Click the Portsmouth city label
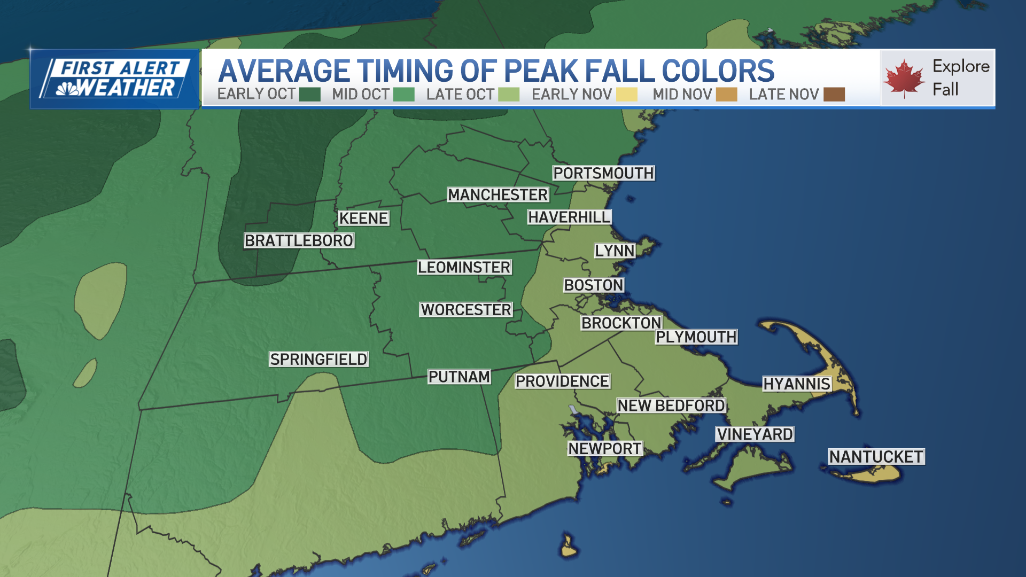pyautogui.click(x=603, y=173)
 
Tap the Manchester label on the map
pyautogui.click(x=498, y=195)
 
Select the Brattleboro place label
pyautogui.click(x=299, y=240)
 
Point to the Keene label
pyautogui.click(x=363, y=218)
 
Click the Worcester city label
pyautogui.click(x=465, y=310)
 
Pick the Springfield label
pyautogui.click(x=318, y=359)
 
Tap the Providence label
pyautogui.click(x=562, y=381)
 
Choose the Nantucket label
pyautogui.click(x=876, y=457)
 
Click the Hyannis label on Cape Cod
pyautogui.click(x=796, y=384)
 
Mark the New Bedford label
pyautogui.click(x=671, y=406)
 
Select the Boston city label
pyautogui.click(x=594, y=285)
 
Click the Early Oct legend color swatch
pyautogui.click(x=309, y=95)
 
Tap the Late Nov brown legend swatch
pyautogui.click(x=834, y=95)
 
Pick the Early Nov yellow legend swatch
pyautogui.click(x=626, y=95)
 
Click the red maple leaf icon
pyautogui.click(x=904, y=78)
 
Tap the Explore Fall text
pyautogui.click(x=960, y=77)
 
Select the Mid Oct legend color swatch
pyautogui.click(x=403, y=95)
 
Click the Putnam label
pyautogui.click(x=459, y=377)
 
